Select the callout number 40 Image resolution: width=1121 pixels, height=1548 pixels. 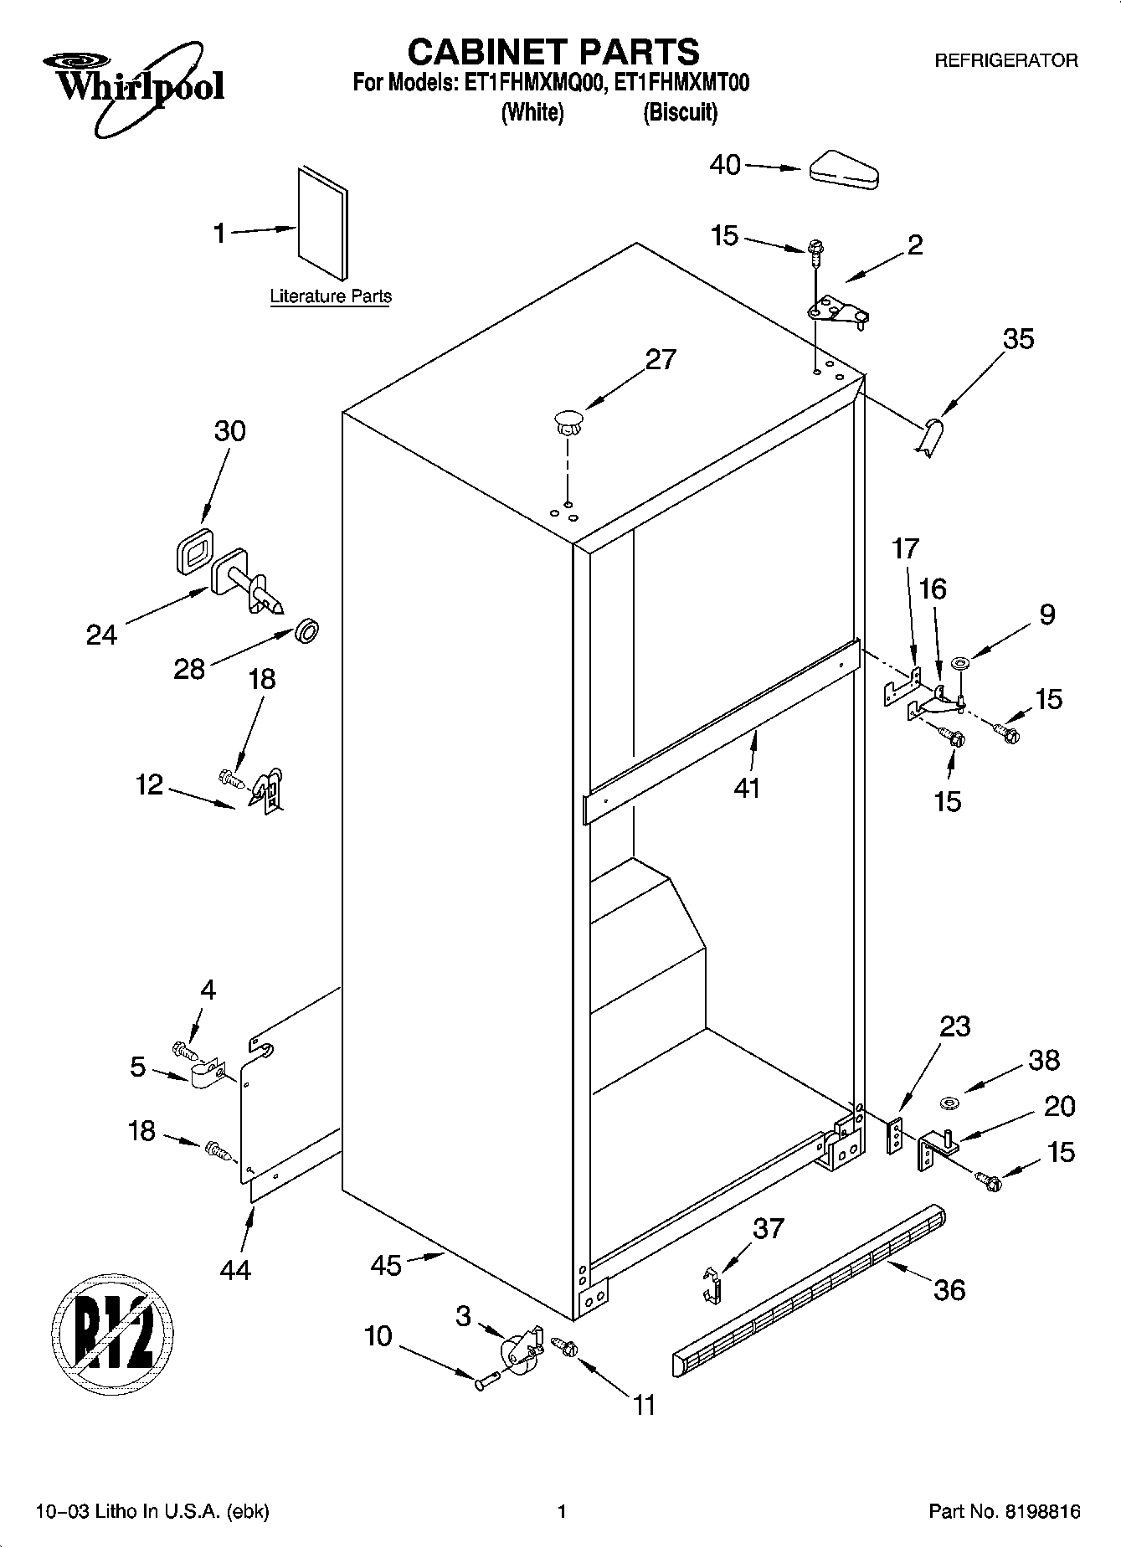[725, 165]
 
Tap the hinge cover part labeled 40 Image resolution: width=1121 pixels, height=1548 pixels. [843, 170]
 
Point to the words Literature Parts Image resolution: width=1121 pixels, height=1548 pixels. [331, 296]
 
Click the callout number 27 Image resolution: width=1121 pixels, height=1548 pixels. [660, 359]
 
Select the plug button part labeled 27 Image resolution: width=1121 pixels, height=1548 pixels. [569, 421]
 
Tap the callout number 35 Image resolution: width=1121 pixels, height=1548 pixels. [1019, 339]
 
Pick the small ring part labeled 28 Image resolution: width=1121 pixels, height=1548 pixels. [306, 630]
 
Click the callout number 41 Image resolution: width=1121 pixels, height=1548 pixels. [747, 788]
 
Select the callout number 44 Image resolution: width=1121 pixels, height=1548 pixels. [235, 1270]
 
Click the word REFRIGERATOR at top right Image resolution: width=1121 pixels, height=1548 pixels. [1005, 61]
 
